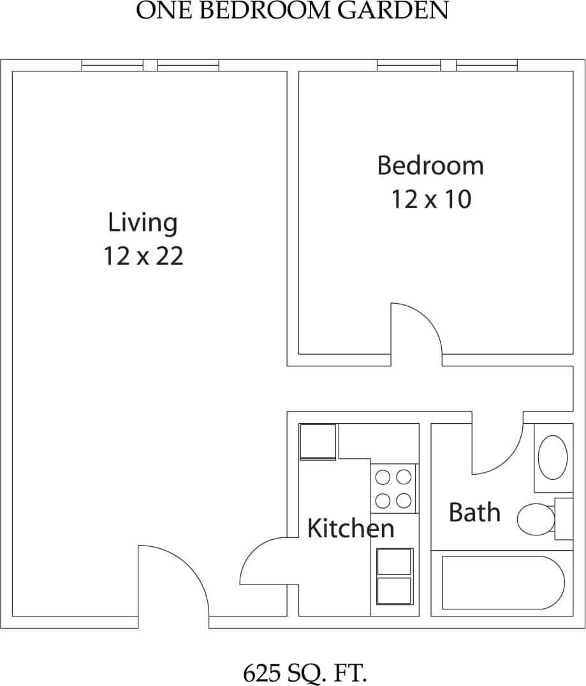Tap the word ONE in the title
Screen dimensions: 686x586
(x=159, y=11)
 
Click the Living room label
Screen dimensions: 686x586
(x=143, y=223)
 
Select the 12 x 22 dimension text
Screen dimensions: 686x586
(x=143, y=256)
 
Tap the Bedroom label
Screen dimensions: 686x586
(x=430, y=165)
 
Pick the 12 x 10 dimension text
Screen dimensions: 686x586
(x=430, y=199)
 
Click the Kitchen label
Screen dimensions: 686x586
(x=351, y=528)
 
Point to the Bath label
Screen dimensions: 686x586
(x=474, y=512)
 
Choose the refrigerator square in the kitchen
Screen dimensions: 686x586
(x=318, y=441)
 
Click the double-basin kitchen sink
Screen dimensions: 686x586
(x=394, y=576)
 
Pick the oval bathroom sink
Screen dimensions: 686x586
(x=552, y=457)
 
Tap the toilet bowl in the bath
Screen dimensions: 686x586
(x=536, y=519)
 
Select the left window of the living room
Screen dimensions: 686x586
(x=112, y=65)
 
